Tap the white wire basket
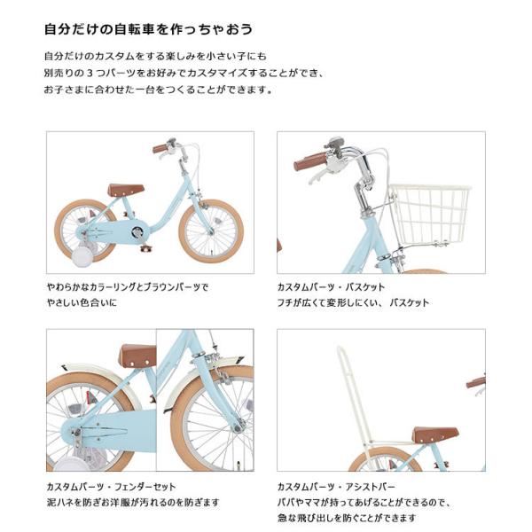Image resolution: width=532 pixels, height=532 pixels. pyautogui.click(x=429, y=214)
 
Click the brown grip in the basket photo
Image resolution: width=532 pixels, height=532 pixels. pyautogui.click(x=310, y=161)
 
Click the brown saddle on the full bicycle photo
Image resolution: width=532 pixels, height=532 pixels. pyautogui.click(x=126, y=190)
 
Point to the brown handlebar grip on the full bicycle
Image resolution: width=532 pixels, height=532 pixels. pyautogui.click(x=160, y=148)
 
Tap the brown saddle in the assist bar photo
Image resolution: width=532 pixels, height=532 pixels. pyautogui.click(x=434, y=434)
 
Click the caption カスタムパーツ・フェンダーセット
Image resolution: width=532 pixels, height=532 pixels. pyautogui.click(x=111, y=487)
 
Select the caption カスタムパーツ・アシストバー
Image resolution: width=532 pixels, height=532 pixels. pyautogui.click(x=336, y=487)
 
